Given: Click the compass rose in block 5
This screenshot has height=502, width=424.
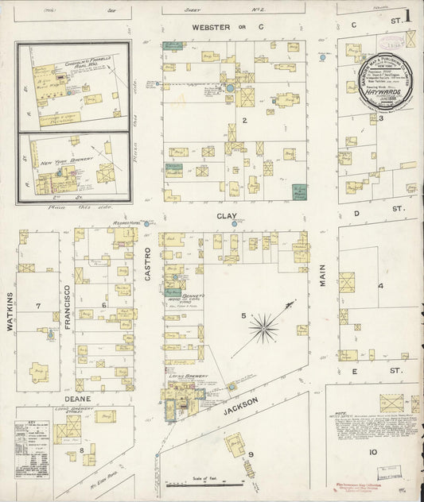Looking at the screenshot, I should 263,325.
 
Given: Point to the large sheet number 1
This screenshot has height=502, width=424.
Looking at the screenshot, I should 407,15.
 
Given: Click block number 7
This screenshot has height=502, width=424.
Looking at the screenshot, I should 37,305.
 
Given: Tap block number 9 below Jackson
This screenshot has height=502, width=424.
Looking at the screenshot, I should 250,454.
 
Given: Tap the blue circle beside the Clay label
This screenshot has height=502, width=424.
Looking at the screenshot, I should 235,224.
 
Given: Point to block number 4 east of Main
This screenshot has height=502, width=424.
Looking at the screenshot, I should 380,285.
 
